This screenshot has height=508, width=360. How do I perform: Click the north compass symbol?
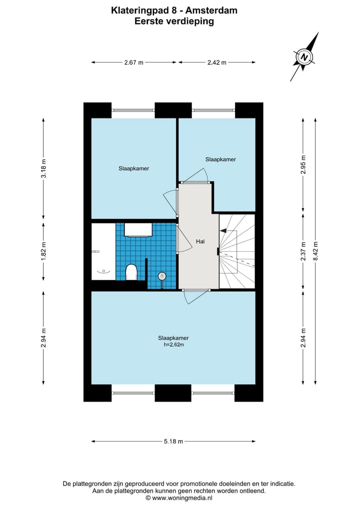pyautogui.click(x=304, y=57)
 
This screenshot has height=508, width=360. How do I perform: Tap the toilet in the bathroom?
pyautogui.click(x=131, y=272)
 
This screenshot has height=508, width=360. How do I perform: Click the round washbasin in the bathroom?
pyautogui.click(x=162, y=276)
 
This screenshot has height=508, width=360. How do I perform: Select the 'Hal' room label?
pyautogui.click(x=200, y=241)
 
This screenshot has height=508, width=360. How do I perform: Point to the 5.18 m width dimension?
pyautogui.click(x=173, y=441)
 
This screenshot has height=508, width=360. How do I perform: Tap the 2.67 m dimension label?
pyautogui.click(x=133, y=62)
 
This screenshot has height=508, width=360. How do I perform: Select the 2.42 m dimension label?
pyautogui.click(x=216, y=62)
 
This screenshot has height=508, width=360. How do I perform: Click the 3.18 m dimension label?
pyautogui.click(x=43, y=168)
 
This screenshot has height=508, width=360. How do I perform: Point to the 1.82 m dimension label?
pyautogui.click(x=43, y=250)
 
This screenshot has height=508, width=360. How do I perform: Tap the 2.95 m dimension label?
pyautogui.click(x=303, y=165)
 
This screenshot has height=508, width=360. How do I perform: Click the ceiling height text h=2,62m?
pyautogui.click(x=173, y=345)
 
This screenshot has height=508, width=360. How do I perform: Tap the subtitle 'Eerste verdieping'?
pyautogui.click(x=173, y=21)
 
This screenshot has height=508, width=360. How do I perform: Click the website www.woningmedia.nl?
pyautogui.click(x=182, y=498)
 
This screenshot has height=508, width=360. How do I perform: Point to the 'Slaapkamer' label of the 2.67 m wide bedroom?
pyautogui.click(x=133, y=168)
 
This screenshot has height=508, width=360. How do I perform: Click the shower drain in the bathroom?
pyautogui.click(x=103, y=270)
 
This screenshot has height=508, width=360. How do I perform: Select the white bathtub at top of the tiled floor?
pyautogui.click(x=138, y=229)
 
